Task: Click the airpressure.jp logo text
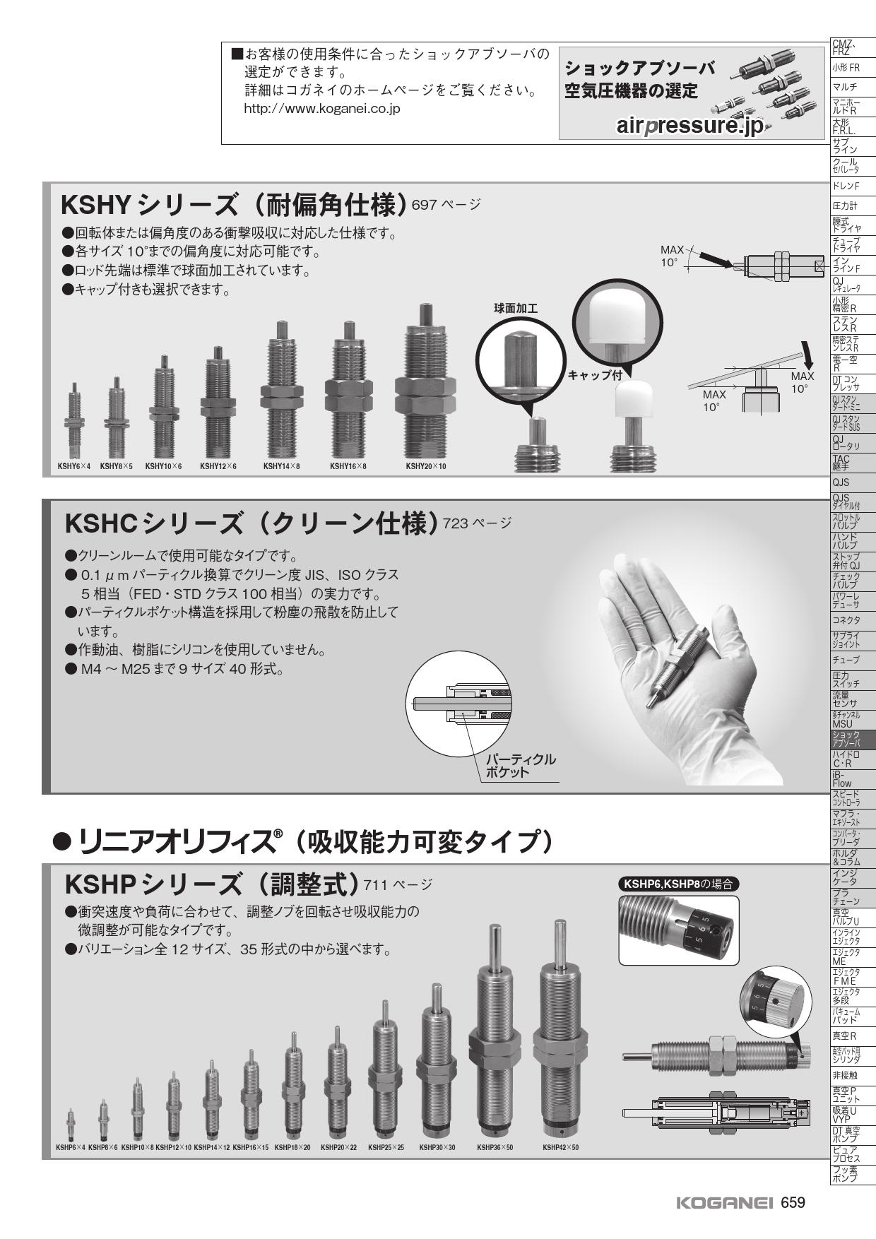click(689, 126)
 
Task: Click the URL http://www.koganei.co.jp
click(322, 109)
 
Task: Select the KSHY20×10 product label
click(426, 466)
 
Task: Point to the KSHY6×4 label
click(74, 466)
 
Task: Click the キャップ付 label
click(595, 375)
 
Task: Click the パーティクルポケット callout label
click(520, 766)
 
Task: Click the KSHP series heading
click(212, 884)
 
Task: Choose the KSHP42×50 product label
click(560, 1148)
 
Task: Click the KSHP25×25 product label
click(386, 1148)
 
